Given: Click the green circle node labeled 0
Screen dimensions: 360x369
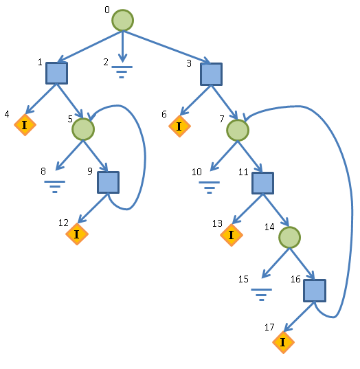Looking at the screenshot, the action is (x=122, y=20).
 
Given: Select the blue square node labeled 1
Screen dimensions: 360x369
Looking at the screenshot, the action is (x=57, y=73).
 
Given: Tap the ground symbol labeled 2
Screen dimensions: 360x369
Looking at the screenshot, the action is (x=122, y=72).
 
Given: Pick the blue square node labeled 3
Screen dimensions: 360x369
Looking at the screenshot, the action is (x=212, y=74).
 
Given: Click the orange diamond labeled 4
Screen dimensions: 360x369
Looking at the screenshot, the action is (x=25, y=125).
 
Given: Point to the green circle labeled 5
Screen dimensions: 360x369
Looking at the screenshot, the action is (x=83, y=129).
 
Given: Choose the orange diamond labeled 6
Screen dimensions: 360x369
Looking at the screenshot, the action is (x=179, y=126).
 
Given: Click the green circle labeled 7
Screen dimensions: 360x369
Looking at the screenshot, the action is (x=238, y=130).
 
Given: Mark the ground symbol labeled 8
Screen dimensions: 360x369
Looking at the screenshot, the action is (x=54, y=187).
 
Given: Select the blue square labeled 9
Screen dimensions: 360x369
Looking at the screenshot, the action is (x=109, y=182).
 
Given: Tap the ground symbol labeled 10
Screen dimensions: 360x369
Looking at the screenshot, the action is (x=209, y=188).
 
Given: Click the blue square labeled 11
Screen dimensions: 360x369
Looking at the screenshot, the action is (x=263, y=183).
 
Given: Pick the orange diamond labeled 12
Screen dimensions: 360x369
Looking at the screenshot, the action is (x=77, y=234).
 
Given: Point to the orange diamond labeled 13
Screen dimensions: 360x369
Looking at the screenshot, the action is (x=232, y=235).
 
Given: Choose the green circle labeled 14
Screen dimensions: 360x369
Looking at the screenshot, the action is (x=289, y=237).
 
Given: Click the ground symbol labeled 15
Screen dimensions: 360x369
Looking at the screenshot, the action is (x=261, y=295).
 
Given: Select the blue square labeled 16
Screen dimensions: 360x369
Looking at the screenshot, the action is (x=315, y=291).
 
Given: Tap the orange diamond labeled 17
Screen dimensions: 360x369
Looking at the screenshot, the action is (x=283, y=342).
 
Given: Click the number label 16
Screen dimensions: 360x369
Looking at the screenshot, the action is (x=295, y=280).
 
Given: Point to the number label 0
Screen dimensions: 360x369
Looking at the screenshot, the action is (x=107, y=10).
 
